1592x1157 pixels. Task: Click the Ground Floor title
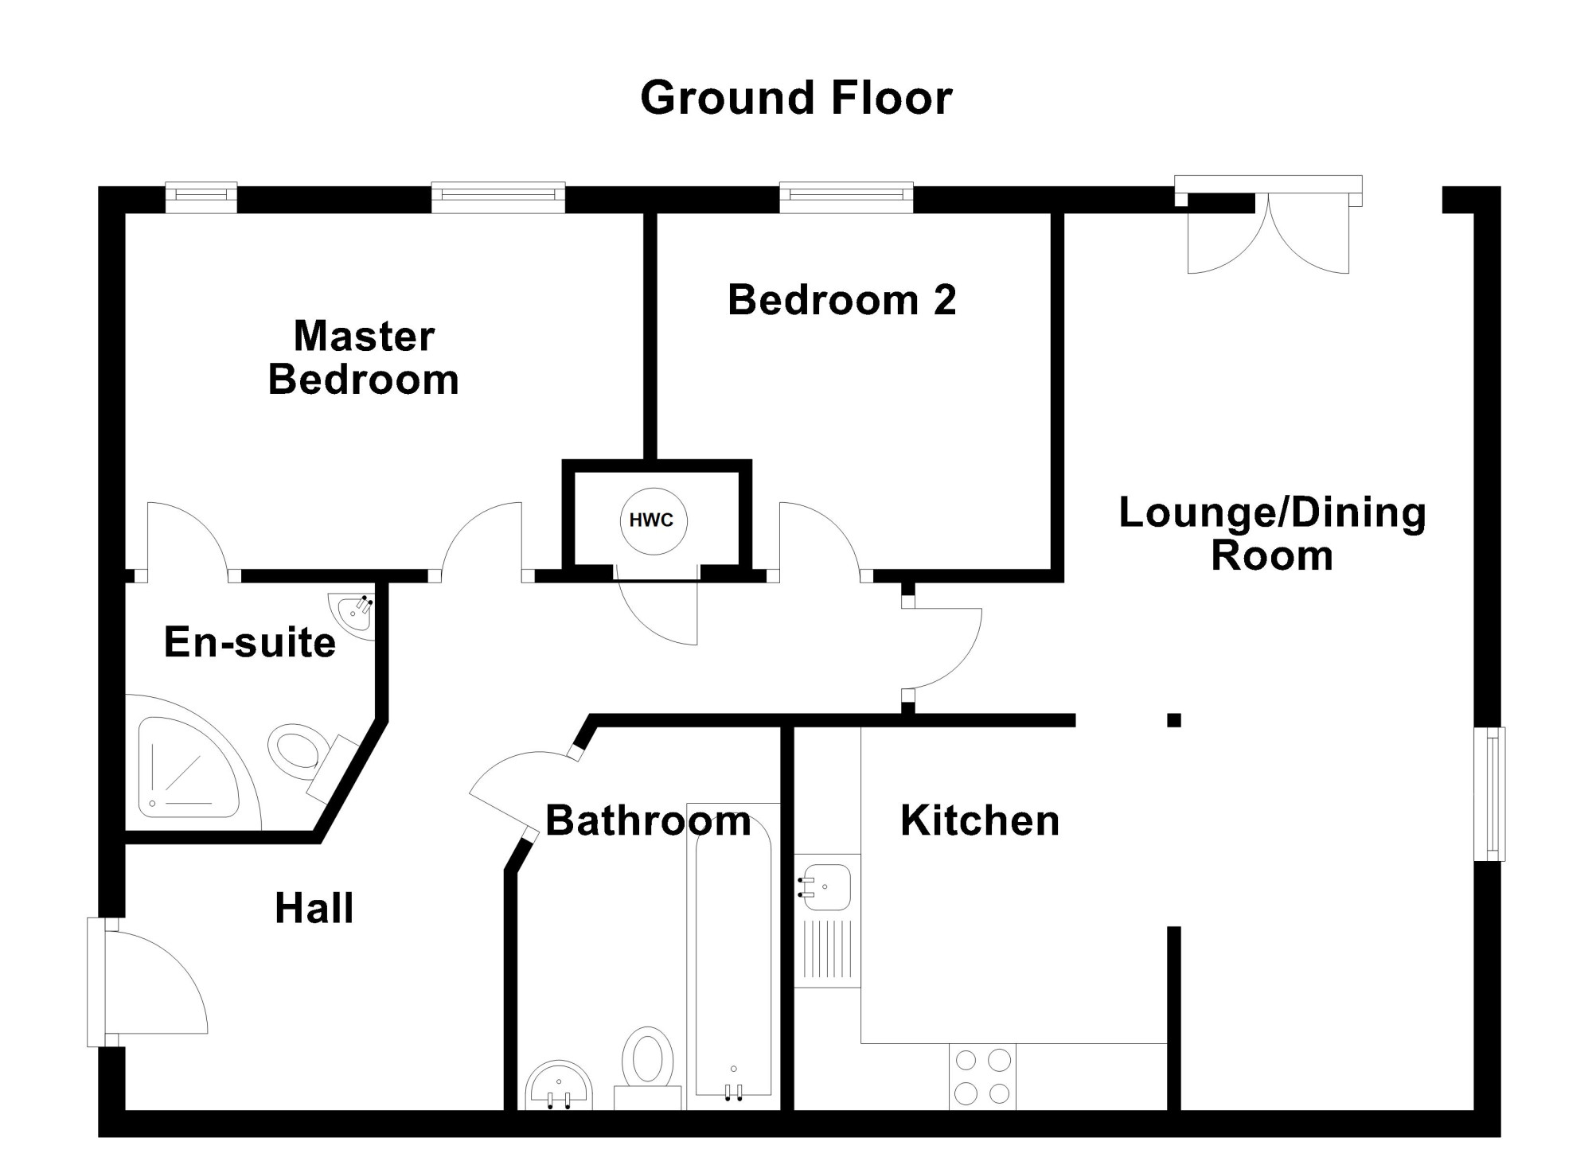(796, 98)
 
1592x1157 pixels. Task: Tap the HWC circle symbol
(653, 520)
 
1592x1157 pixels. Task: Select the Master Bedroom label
(364, 357)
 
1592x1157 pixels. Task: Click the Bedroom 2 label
(841, 300)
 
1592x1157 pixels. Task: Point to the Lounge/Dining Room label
(1272, 533)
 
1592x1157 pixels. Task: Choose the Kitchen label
(980, 820)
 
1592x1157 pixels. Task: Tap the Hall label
(314, 908)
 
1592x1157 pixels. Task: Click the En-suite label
(250, 642)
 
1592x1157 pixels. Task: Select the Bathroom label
(648, 820)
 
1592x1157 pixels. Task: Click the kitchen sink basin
(827, 886)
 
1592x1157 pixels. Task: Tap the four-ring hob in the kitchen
(982, 1076)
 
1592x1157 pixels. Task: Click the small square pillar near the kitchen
(1174, 720)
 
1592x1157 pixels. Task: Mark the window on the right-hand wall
(1489, 793)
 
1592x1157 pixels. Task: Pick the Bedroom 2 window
(846, 197)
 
